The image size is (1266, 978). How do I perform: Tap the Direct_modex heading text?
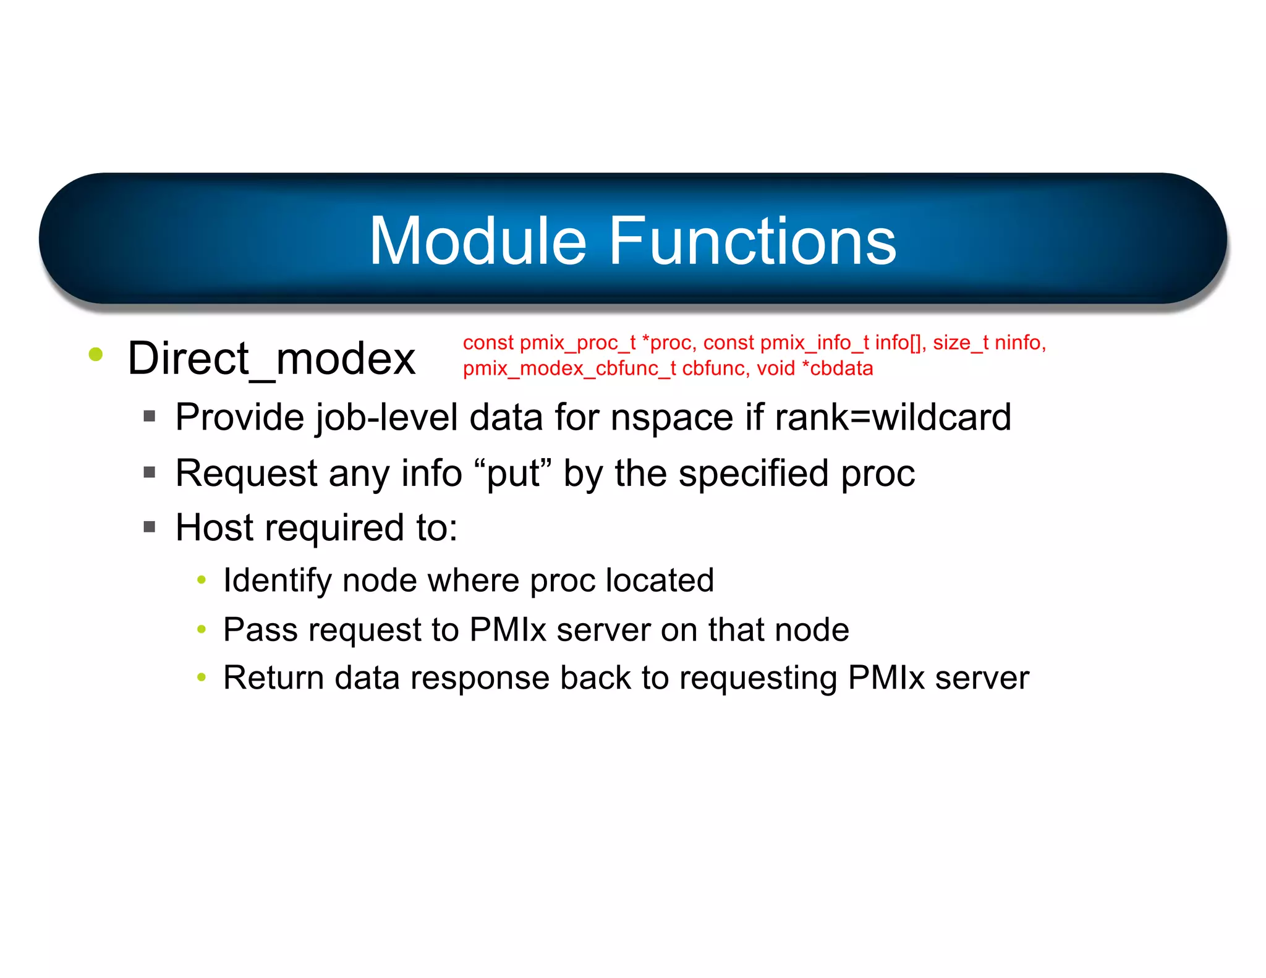pyautogui.click(x=271, y=359)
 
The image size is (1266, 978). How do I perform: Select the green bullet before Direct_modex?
pyautogui.click(x=95, y=354)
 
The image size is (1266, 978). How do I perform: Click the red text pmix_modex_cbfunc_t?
pyautogui.click(x=569, y=368)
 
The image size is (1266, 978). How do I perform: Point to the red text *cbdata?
pyautogui.click(x=837, y=368)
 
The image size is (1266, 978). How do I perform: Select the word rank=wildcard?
pyautogui.click(x=893, y=417)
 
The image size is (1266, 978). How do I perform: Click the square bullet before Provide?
pyautogui.click(x=149, y=417)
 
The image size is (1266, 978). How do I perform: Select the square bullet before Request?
pyautogui.click(x=149, y=473)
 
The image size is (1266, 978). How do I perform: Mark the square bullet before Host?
pyautogui.click(x=149, y=527)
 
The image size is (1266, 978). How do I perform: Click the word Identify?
pyautogui.click(x=278, y=581)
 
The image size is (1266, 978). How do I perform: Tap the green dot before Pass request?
pyautogui.click(x=201, y=629)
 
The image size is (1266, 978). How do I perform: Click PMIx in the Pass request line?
pyautogui.click(x=508, y=630)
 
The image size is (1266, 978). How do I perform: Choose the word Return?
pyautogui.click(x=273, y=678)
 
